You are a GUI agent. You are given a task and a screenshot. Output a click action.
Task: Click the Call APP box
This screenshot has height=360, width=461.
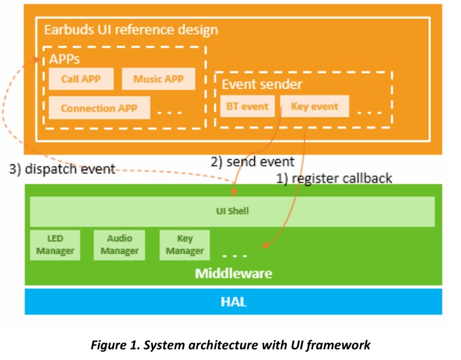click(x=81, y=80)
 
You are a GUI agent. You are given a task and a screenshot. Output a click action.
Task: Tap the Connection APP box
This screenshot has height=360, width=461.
click(x=99, y=108)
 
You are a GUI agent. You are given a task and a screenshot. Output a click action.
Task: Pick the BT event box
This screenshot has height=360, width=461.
click(x=247, y=106)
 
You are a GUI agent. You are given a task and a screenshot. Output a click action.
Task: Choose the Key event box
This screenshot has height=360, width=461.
click(x=314, y=106)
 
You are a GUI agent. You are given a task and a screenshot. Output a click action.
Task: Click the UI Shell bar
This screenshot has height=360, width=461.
click(x=232, y=211)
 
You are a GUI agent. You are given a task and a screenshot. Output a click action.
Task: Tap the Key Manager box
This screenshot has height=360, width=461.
click(x=185, y=245)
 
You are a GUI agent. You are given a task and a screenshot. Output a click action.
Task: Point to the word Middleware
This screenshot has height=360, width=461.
click(x=233, y=273)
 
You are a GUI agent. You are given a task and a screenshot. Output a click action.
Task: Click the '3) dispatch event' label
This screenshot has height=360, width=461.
click(x=62, y=169)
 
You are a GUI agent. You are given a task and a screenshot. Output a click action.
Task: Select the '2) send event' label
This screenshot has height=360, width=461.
click(x=252, y=161)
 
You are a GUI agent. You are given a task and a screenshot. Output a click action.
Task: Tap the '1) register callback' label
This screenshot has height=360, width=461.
click(x=334, y=178)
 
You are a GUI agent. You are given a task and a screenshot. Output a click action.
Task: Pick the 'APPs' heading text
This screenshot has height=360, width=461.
click(x=65, y=59)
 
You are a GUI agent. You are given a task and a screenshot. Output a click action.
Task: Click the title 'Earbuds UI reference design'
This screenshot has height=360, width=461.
click(x=130, y=30)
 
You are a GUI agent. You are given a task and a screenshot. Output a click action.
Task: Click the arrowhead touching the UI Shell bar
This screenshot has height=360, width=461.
click(x=233, y=192)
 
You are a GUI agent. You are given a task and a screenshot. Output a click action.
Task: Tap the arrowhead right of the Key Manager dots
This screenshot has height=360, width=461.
click(x=265, y=246)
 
